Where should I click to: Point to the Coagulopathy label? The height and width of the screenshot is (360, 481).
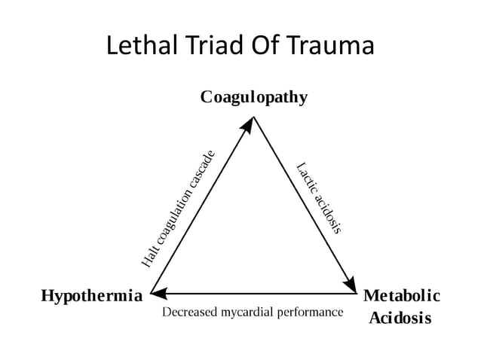tap(253, 97)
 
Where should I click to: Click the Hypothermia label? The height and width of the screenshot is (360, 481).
tap(91, 295)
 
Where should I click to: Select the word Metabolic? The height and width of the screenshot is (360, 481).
tap(402, 295)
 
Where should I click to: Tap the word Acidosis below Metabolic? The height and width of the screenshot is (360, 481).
tap(400, 318)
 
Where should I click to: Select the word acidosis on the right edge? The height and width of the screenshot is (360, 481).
tap(329, 214)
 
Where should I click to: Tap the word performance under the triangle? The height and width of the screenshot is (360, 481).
tap(312, 311)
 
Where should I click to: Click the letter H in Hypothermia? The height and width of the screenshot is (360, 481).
tap(46, 295)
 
